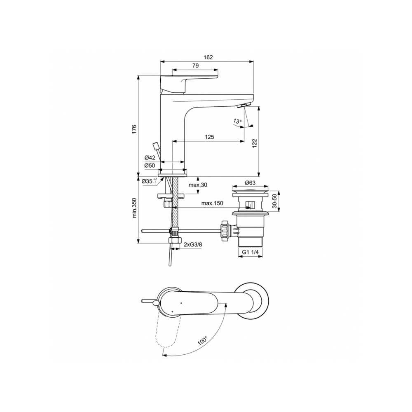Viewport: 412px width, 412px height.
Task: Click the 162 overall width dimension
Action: point(208,58)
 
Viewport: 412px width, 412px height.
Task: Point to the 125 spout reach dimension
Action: point(209,137)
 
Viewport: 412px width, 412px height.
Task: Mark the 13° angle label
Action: point(236,121)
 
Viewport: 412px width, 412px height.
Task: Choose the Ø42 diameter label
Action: point(150,158)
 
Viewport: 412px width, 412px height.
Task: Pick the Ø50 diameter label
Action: point(150,165)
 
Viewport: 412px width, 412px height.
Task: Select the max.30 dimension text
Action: point(198,185)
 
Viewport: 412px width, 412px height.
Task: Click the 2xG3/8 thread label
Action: point(193,245)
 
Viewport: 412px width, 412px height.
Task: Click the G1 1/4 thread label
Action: point(250,252)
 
